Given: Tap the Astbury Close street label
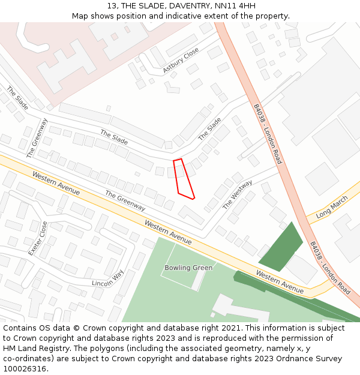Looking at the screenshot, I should click(181, 61).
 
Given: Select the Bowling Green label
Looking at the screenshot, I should click(188, 268).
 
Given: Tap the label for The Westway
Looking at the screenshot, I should click(238, 194).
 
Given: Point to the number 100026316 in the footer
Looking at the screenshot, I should click(23, 368).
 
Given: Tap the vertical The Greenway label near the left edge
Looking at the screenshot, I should click(37, 137).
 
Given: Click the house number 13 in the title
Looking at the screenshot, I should click(112, 6).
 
